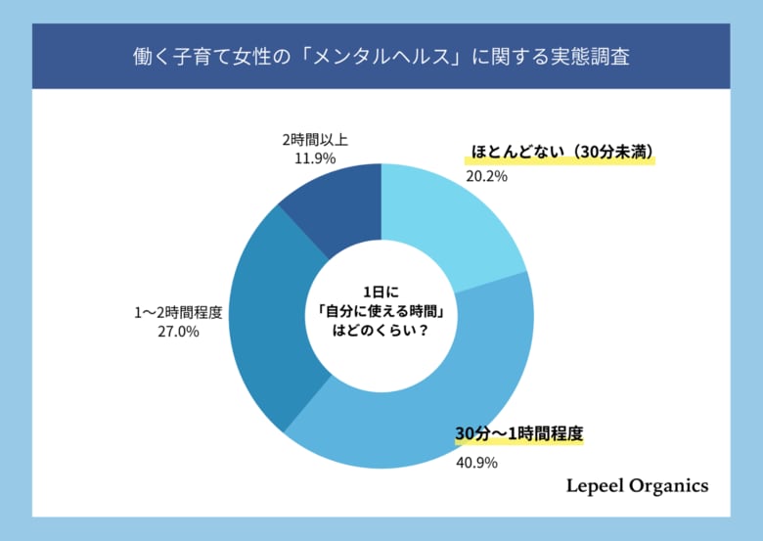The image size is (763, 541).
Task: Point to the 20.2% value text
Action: coord(486,178)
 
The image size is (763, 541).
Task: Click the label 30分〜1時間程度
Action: coord(518,432)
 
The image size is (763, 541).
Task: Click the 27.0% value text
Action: coord(179,333)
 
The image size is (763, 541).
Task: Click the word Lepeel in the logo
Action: coord(598,485)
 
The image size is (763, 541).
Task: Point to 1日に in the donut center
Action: coord(381,292)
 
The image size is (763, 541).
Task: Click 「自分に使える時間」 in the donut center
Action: coord(381,312)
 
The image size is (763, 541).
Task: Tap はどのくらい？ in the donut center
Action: coord(381,333)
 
